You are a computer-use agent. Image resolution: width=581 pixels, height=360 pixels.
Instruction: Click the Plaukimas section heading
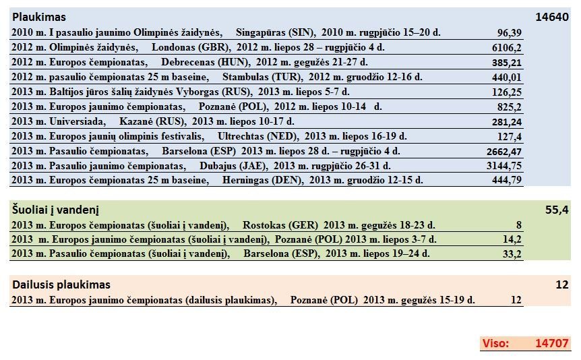pyautogui.click(x=39, y=18)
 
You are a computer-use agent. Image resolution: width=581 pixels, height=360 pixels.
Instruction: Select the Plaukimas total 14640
pyautogui.click(x=552, y=18)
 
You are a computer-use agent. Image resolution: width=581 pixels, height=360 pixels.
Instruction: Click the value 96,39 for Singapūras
pyautogui.click(x=510, y=33)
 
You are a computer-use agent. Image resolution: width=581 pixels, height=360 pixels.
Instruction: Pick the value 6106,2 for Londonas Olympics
pyautogui.click(x=507, y=48)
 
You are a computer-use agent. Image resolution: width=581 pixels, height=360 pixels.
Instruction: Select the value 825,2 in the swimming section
pyautogui.click(x=510, y=107)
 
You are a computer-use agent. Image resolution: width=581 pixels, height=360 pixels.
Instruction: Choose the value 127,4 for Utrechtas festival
pyautogui.click(x=510, y=137)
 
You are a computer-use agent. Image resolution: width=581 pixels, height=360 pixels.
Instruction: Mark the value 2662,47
pyautogui.click(x=504, y=152)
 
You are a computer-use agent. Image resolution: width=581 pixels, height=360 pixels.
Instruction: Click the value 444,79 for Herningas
pyautogui.click(x=507, y=181)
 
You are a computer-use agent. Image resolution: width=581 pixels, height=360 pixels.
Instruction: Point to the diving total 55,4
pyautogui.click(x=557, y=210)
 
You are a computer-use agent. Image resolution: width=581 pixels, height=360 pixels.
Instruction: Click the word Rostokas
pyautogui.click(x=264, y=225)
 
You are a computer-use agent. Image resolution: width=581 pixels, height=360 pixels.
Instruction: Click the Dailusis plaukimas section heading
pyautogui.click(x=61, y=284)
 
